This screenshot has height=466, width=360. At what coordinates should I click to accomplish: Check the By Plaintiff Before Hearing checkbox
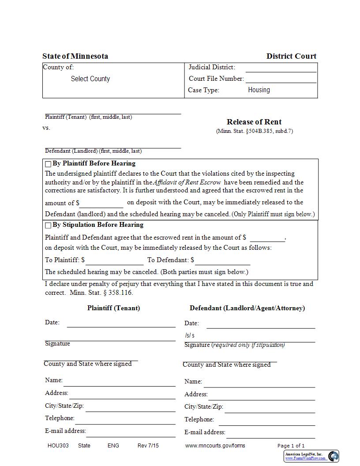tap(48, 164)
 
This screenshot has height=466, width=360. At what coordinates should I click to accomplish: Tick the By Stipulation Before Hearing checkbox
tap(48, 225)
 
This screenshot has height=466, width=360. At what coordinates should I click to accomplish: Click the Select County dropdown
tap(90, 79)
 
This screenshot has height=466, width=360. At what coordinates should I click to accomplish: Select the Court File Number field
tap(281, 79)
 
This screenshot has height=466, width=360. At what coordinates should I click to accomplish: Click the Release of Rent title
tap(254, 122)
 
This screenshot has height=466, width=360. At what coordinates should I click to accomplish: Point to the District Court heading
tap(291, 56)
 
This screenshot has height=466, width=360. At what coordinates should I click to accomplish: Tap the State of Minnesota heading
tap(75, 56)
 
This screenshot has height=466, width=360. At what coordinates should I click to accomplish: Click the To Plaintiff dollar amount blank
tap(114, 260)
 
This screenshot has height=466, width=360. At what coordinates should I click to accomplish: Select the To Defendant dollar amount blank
tap(222, 260)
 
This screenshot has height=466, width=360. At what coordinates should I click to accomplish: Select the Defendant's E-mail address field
tap(270, 432)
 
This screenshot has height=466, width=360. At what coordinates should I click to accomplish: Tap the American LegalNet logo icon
tap(334, 456)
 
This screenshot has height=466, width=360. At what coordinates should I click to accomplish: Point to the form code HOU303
tap(58, 446)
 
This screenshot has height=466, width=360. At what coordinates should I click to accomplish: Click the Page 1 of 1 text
tap(291, 446)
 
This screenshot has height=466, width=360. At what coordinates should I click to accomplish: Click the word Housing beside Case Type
tap(259, 90)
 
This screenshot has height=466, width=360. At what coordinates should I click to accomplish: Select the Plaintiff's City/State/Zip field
tap(130, 406)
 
